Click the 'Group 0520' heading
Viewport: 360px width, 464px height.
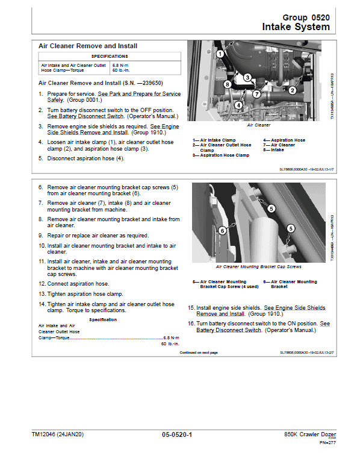coord(305,18)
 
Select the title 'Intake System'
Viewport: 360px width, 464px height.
coord(296,27)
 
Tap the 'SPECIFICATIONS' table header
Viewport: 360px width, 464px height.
coord(109,56)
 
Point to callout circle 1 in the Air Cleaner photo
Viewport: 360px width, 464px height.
coord(220,54)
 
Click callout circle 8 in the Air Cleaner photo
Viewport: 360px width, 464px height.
coord(227,84)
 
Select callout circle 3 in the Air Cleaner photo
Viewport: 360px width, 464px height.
coord(247,77)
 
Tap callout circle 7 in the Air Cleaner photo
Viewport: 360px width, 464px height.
coord(256,94)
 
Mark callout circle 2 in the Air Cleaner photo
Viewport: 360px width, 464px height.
coord(292,90)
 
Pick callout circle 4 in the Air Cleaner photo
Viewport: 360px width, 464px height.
coord(238,105)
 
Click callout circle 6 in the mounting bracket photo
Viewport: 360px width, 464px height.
coord(222,230)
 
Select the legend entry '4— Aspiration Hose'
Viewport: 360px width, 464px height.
coord(284,140)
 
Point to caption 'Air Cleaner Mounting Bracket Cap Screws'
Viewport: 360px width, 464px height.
coord(258,266)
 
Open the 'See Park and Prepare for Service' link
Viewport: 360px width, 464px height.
coord(139,95)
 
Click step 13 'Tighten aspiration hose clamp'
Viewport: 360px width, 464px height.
coord(84,294)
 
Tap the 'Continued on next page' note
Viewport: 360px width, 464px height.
coord(199,353)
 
